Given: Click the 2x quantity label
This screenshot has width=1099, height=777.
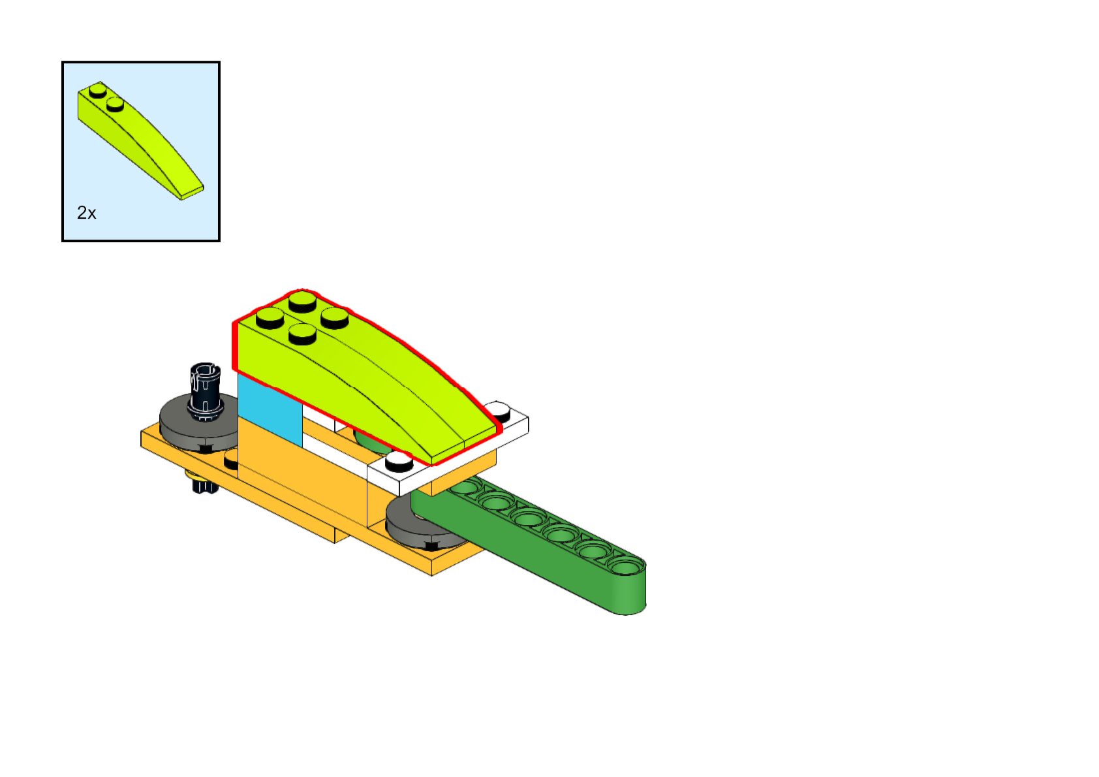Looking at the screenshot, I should [86, 213].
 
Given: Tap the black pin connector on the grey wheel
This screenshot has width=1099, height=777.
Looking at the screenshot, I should [206, 388].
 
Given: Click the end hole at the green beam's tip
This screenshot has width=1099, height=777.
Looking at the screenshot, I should [625, 567].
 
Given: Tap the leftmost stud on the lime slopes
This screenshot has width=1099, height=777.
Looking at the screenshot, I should [270, 318].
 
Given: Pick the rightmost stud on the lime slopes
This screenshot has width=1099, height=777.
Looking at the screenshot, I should [335, 317].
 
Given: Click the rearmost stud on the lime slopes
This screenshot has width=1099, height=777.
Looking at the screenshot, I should [302, 301].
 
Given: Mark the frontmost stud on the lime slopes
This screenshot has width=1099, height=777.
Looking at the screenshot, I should [302, 334].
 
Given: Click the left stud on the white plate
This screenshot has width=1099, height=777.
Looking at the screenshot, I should [399, 462].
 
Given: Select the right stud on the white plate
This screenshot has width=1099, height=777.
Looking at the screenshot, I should [499, 411].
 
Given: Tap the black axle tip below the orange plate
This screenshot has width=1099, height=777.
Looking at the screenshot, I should [204, 486].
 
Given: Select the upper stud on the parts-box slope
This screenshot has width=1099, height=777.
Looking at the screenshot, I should [99, 89].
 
